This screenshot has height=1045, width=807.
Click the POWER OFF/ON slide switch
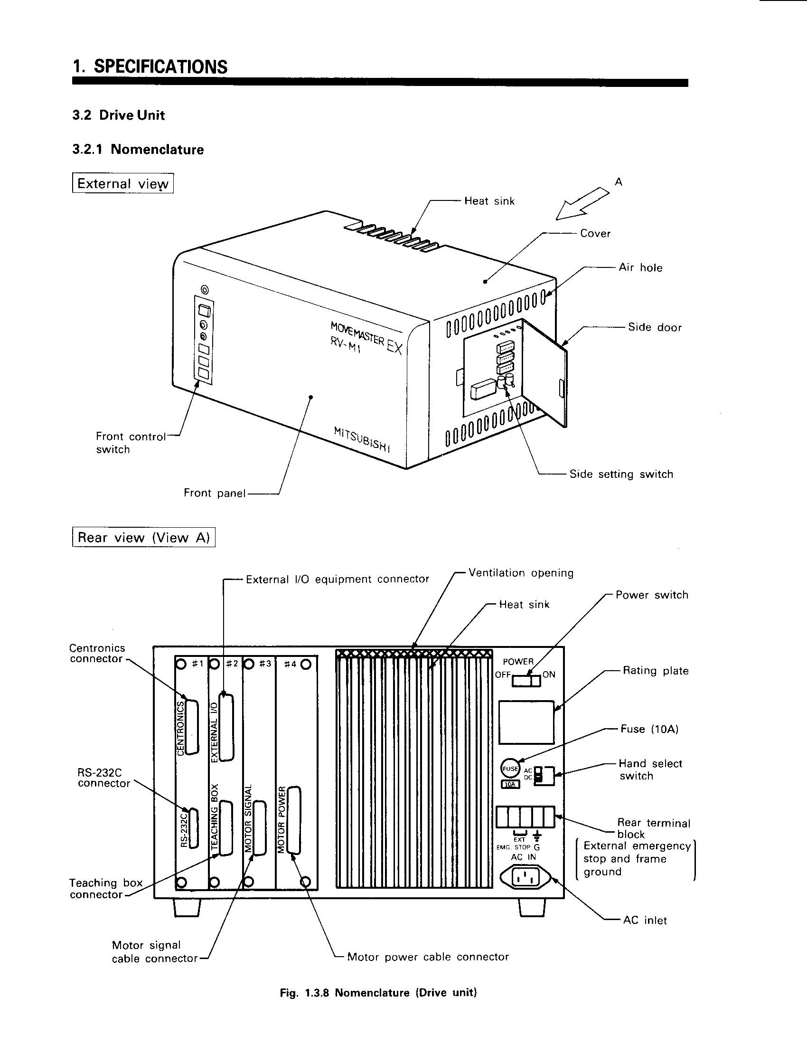(526, 680)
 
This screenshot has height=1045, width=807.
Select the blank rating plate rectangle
(526, 722)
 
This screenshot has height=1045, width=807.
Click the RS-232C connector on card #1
(193, 828)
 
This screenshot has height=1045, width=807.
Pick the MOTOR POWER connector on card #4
(294, 820)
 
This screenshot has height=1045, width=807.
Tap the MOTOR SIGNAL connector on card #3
(259, 828)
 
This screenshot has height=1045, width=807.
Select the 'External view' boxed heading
(123, 183)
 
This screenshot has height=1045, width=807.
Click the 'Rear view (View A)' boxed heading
(143, 537)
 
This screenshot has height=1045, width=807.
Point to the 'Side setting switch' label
(621, 474)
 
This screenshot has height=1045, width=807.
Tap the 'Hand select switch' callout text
(650, 770)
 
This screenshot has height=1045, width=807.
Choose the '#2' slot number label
(232, 664)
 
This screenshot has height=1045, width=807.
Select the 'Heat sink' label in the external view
(489, 201)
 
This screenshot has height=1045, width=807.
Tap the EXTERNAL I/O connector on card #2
(226, 727)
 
